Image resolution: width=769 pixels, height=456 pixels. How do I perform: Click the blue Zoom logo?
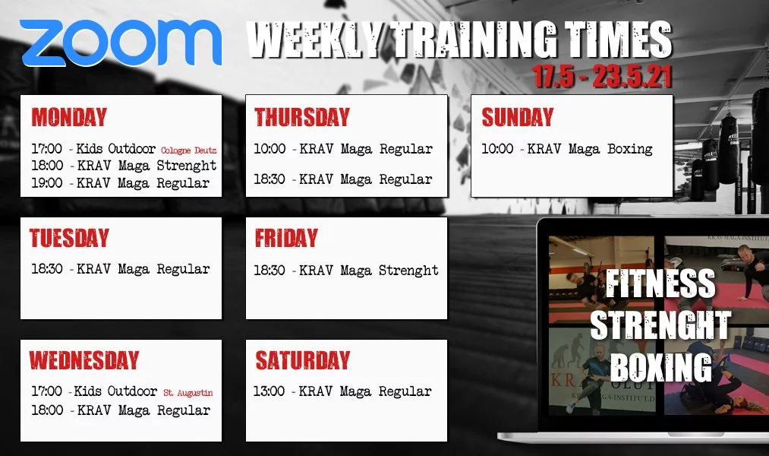click(121, 43)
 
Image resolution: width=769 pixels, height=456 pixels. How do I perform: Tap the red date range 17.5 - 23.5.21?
click(602, 76)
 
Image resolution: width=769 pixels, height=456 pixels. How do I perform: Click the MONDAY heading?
click(69, 117)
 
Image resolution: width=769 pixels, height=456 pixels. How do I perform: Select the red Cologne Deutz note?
click(188, 150)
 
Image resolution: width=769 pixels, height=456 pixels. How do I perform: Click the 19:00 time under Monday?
click(47, 182)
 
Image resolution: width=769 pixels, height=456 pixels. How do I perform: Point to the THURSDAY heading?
click(301, 117)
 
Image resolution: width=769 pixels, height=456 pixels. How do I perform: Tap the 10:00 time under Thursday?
click(269, 148)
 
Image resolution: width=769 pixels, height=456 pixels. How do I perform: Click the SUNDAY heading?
click(518, 117)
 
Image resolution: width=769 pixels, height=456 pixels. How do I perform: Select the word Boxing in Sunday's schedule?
click(630, 149)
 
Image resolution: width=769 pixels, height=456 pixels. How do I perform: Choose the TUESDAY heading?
click(69, 238)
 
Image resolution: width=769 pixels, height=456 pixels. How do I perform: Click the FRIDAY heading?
click(286, 238)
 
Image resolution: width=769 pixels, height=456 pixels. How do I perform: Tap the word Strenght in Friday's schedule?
click(408, 270)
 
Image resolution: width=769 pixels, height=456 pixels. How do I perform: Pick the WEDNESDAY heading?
click(84, 359)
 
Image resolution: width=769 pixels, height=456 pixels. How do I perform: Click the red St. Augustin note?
click(188, 393)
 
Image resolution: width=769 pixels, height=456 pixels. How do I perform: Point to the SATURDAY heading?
click(303, 359)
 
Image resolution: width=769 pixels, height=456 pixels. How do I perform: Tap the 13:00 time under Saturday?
click(269, 391)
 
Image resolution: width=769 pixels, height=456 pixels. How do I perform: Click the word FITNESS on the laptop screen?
click(660, 283)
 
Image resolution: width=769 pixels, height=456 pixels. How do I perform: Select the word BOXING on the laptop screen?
click(661, 366)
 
